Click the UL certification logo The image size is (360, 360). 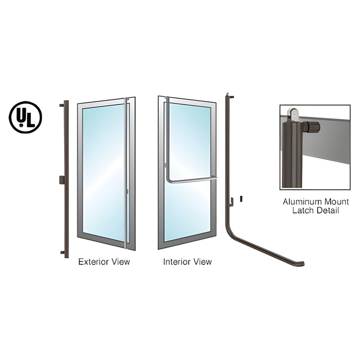click(25, 118)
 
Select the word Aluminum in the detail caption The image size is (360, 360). click(299, 202)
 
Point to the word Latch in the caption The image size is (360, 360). click(302, 210)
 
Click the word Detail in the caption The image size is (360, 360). click(327, 210)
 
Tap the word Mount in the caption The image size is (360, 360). click(334, 202)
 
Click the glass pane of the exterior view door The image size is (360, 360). click(103, 172)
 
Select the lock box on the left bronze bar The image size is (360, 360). click(62, 180)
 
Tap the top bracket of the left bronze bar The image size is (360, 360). click(61, 105)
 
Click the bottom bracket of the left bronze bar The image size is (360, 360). click(62, 253)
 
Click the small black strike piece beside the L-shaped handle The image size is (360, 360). click(241, 199)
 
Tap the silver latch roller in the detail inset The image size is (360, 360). click(293, 115)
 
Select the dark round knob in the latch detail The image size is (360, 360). click(312, 127)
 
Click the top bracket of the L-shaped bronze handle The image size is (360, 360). click(231, 97)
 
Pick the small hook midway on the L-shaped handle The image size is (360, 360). click(232, 202)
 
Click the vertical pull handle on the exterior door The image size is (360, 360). click(125, 173)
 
